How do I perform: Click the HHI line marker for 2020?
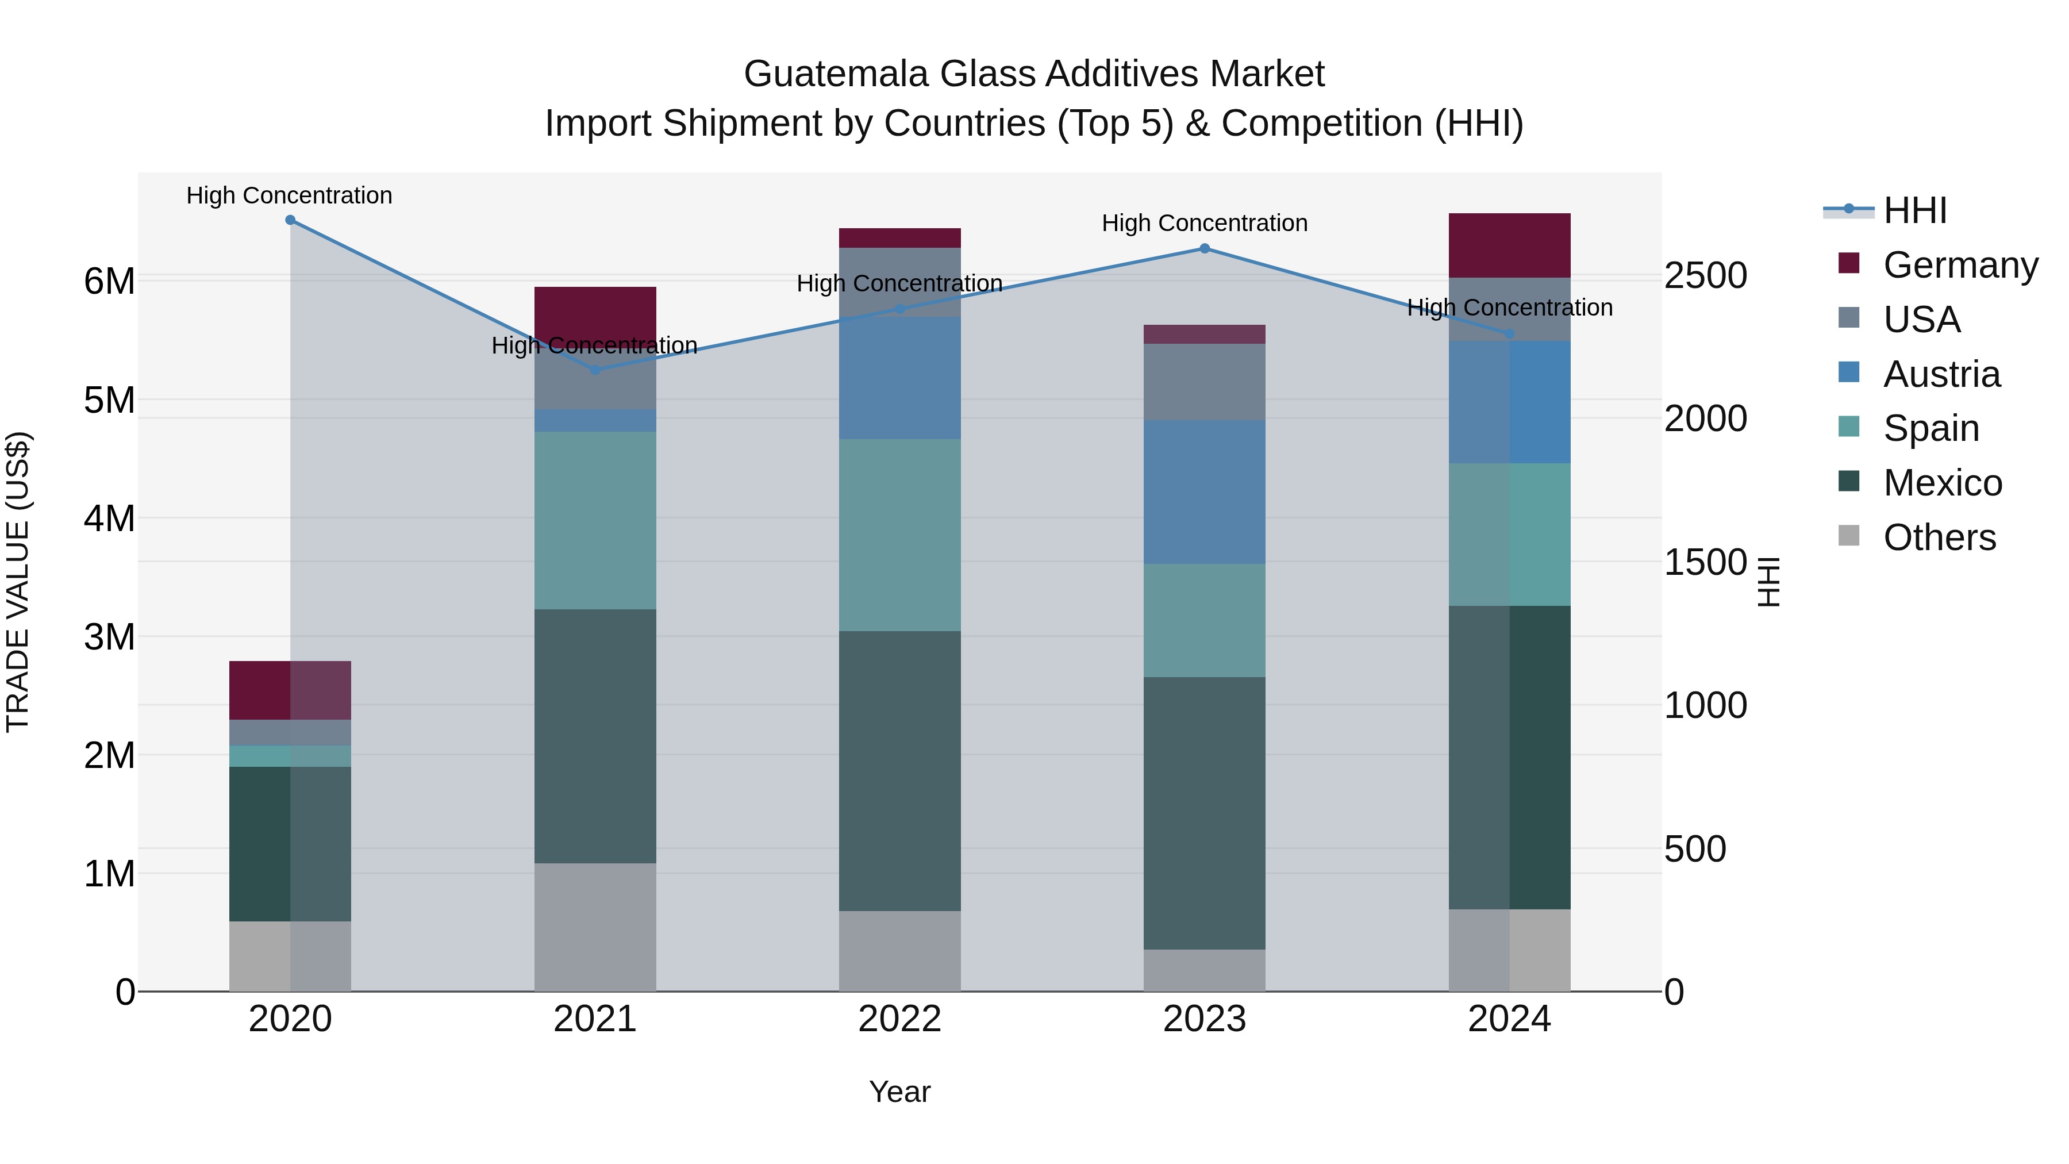tap(290, 220)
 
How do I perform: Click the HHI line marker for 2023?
tap(1204, 249)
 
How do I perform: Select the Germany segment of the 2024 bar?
tap(1509, 246)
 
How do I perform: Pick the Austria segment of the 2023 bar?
tap(1204, 491)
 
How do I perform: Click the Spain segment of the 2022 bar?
tap(899, 535)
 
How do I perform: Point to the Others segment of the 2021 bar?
tap(595, 927)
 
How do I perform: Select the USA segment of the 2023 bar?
tap(1204, 382)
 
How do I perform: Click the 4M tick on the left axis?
tap(109, 518)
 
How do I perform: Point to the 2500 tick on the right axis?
tap(1705, 275)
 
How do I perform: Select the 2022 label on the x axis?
tap(899, 1019)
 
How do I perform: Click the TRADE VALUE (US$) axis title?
tap(18, 582)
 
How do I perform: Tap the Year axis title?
tap(899, 1092)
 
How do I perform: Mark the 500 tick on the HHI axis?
tap(1695, 849)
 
